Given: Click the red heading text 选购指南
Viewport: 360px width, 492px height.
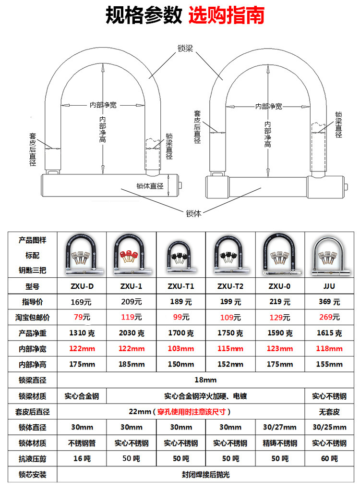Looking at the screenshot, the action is [x=226, y=16].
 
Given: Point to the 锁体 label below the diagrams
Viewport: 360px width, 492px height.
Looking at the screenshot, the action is [x=193, y=213].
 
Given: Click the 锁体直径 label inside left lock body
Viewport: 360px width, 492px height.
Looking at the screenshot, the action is [x=150, y=186].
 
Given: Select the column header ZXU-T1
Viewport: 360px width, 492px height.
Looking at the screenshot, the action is [x=181, y=287].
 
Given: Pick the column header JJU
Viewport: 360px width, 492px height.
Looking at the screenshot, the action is [x=329, y=287].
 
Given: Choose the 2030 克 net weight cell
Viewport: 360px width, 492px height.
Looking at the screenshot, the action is [x=131, y=333].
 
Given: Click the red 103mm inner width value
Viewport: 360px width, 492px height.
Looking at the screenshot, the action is [x=181, y=348].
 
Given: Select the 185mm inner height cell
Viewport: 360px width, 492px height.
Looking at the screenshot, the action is [x=131, y=364].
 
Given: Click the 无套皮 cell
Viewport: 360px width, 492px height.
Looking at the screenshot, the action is [x=329, y=412].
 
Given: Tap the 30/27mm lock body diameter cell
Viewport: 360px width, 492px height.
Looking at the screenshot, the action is [x=280, y=427].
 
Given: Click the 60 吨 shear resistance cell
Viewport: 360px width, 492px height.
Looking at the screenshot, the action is [x=329, y=458].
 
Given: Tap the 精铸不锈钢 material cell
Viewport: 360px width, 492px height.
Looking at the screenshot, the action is [x=280, y=443].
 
